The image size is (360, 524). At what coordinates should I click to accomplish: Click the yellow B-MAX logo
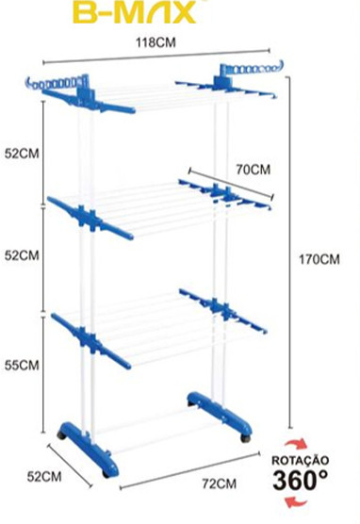(134, 12)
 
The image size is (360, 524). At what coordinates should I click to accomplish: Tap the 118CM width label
(155, 42)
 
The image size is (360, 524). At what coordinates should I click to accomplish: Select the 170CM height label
(319, 259)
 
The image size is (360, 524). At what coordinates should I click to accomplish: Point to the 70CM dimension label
(253, 170)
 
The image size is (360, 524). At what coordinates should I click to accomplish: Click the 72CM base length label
(219, 483)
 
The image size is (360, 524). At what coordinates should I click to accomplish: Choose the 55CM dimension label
(22, 365)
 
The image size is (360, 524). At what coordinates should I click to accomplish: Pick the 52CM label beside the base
(44, 477)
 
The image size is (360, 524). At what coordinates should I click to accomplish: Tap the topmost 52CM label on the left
(22, 154)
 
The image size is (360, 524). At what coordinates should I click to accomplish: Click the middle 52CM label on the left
(22, 255)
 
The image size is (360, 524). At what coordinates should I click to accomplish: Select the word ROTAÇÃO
(300, 461)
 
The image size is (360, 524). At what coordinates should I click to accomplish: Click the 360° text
(300, 480)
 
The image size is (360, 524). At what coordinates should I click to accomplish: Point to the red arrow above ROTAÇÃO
(296, 443)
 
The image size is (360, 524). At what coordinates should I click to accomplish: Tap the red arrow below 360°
(296, 502)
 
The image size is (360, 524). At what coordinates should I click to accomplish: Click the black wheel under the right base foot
(245, 438)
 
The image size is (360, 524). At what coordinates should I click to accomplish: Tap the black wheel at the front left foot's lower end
(106, 473)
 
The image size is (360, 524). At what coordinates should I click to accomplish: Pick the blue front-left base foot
(89, 447)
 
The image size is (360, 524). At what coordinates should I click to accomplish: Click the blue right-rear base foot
(220, 414)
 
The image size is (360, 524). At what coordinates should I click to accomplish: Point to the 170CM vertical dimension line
(290, 252)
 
